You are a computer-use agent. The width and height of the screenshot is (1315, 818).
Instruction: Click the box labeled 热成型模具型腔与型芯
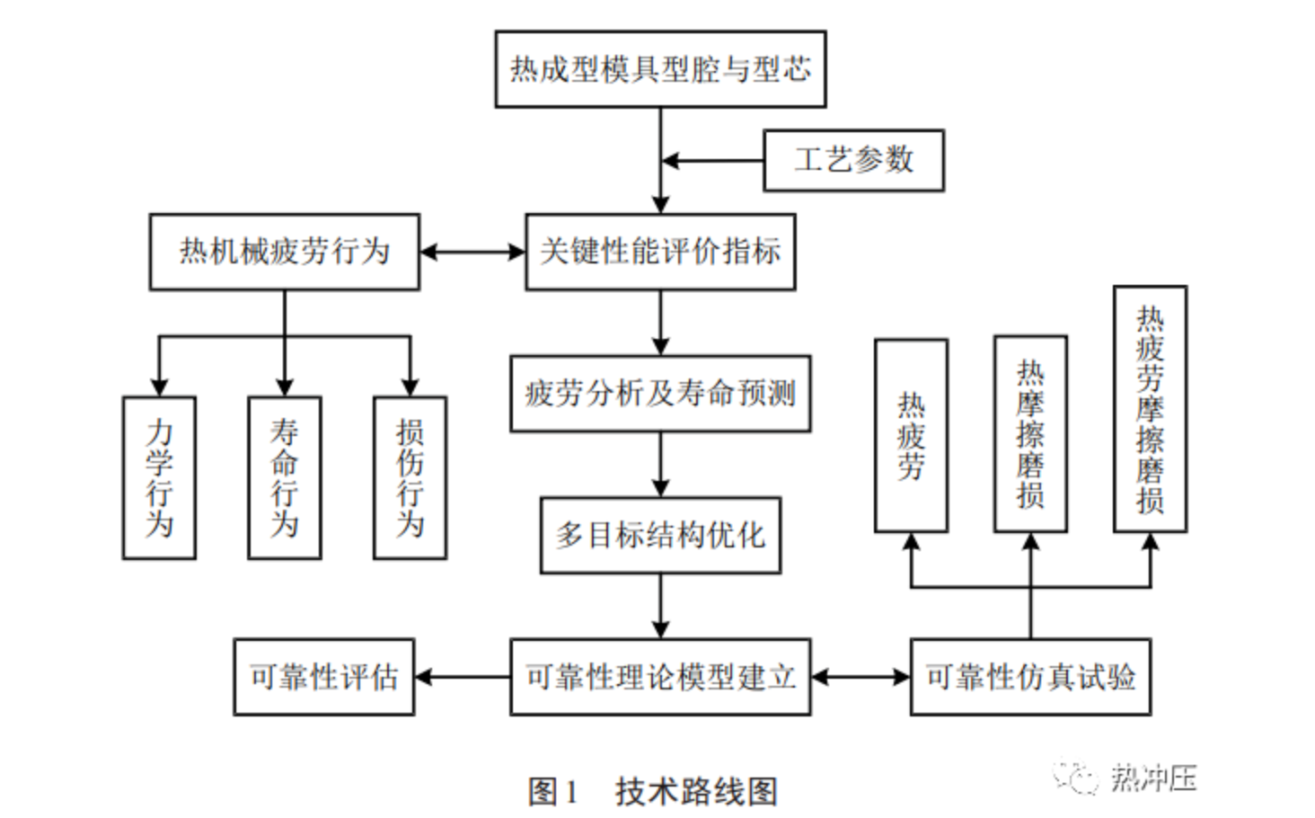[660, 69]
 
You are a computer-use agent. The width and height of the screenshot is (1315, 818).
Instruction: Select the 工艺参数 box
[853, 160]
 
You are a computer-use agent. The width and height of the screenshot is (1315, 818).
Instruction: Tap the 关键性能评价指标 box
[660, 252]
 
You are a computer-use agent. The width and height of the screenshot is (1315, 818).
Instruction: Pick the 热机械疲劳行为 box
[284, 252]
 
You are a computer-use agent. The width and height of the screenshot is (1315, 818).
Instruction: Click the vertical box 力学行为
[159, 477]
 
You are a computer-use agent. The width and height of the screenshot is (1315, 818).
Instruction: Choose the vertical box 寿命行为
[284, 477]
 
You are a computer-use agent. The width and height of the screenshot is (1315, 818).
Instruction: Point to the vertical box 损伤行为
[410, 477]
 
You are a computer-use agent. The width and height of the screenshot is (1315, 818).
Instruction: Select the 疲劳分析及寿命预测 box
[660, 394]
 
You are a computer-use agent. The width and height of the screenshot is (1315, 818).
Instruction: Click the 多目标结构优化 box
[660, 535]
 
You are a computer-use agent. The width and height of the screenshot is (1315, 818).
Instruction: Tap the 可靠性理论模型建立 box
[660, 677]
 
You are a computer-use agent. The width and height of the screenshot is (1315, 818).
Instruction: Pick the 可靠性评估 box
[323, 677]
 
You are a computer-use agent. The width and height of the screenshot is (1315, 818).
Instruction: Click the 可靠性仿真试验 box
[1030, 677]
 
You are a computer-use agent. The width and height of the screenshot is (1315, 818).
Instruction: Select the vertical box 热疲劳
[911, 436]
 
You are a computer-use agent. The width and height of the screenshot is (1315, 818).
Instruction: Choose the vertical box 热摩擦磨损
[1030, 434]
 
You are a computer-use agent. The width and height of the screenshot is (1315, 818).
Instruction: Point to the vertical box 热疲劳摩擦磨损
[1150, 409]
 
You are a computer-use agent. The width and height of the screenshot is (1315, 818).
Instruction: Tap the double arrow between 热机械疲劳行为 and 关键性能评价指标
[472, 252]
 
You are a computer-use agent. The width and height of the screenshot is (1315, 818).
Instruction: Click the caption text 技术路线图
[696, 792]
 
